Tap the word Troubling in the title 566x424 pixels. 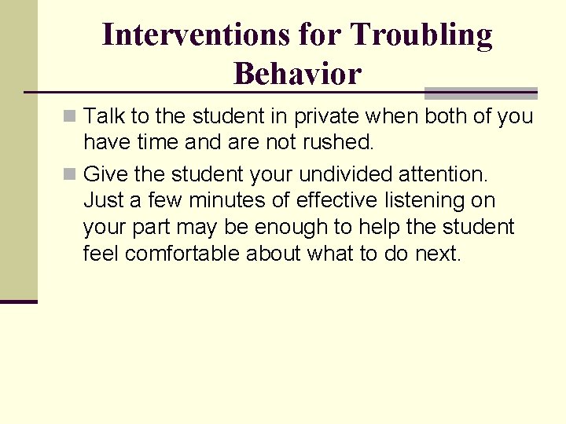[421, 35]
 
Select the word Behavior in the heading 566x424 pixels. [297, 74]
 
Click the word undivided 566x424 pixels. [353, 173]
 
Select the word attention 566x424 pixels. [454, 173]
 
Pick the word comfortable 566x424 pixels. [182, 254]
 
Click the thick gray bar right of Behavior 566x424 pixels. [480, 91]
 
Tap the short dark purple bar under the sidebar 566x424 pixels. [18, 302]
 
